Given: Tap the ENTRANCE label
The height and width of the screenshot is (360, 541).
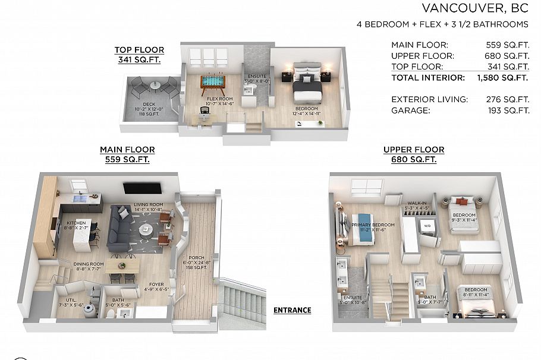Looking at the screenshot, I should [x=292, y=310].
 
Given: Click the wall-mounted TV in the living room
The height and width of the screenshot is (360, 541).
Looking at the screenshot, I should [x=143, y=188].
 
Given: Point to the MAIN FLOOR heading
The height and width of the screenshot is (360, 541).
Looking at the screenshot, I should [x=127, y=150].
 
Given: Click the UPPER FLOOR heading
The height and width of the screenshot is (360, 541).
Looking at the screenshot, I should [x=410, y=150].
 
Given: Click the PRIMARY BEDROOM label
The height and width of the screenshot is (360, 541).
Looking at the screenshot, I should [x=373, y=225].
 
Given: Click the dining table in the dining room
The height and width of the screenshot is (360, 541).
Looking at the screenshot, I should [x=124, y=264].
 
